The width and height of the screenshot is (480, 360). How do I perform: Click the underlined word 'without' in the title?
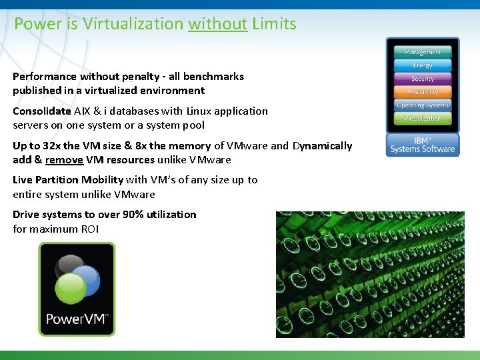point(217,24)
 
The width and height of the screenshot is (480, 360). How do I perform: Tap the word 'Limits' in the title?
point(274,24)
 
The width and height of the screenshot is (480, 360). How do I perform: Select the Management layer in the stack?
point(423,52)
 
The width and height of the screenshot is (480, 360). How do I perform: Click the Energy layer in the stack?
point(423,65)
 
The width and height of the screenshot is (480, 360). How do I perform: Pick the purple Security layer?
point(423,79)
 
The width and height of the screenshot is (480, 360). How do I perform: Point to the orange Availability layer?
point(423,92)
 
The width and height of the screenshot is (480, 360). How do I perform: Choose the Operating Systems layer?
point(423,105)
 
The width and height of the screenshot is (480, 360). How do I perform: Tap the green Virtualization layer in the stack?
point(423,119)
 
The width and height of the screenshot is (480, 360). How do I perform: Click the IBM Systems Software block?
point(423,145)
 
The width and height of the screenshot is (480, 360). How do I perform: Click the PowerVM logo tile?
point(77,289)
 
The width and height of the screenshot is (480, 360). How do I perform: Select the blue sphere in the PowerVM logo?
point(85,279)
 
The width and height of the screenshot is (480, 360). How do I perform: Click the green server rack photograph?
point(370,274)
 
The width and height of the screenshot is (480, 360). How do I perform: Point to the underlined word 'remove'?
point(64,160)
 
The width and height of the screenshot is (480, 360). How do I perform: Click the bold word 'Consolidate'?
point(41,111)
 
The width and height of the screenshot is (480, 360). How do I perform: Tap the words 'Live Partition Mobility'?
point(68,180)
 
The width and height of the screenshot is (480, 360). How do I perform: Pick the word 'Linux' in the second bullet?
point(201,111)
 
